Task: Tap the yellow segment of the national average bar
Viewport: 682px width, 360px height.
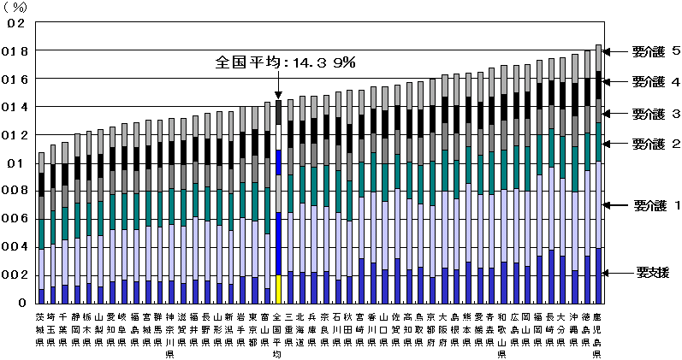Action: tap(278, 289)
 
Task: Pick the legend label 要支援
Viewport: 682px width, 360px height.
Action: tap(652, 273)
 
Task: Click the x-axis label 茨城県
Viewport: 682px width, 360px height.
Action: tap(41, 329)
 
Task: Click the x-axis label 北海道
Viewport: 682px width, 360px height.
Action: tap(301, 329)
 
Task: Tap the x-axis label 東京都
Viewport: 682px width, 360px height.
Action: tap(254, 329)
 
